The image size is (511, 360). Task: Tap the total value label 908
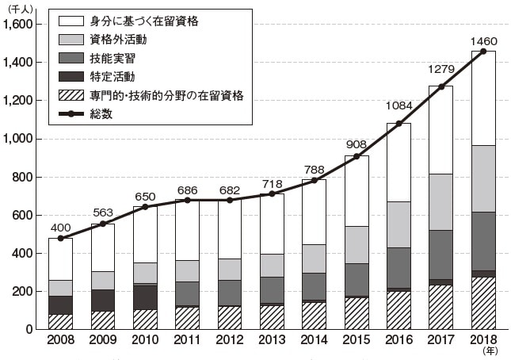point(355,144)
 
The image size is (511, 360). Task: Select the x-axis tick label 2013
point(271,343)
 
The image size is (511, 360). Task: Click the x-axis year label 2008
point(61,343)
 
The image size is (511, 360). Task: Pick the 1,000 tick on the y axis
point(18,139)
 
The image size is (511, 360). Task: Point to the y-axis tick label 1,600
point(18,25)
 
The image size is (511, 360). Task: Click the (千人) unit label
point(19,8)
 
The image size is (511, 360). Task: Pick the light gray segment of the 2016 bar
point(399,224)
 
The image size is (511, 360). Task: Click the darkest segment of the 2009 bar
point(103,300)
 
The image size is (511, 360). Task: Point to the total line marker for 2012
point(229,200)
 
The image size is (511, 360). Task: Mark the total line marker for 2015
point(356,156)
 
